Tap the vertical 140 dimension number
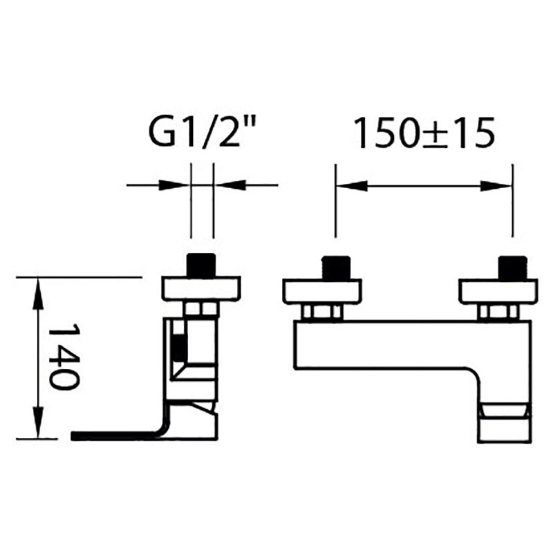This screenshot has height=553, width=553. [64, 356]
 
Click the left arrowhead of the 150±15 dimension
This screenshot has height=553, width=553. [351, 185]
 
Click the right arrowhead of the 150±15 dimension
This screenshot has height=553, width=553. [496, 185]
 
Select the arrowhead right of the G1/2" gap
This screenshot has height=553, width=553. [229, 185]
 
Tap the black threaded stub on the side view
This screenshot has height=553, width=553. [201, 265]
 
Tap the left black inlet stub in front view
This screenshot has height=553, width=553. [336, 268]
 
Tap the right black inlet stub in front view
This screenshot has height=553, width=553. [512, 268]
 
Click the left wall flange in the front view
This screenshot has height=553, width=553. [321, 292]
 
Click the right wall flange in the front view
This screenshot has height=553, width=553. [498, 292]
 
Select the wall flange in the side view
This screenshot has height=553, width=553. [201, 288]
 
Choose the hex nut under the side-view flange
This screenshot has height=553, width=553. [200, 309]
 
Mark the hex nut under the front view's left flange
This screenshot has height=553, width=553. [323, 312]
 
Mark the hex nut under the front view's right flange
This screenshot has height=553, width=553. [498, 312]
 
